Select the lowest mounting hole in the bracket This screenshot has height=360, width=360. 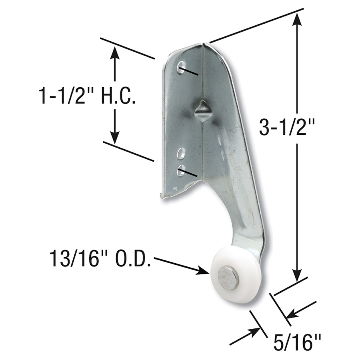click(181, 170)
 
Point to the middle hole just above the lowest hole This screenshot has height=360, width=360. click(181, 153)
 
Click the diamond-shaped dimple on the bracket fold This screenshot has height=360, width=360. click(202, 110)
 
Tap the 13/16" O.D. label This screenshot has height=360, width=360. click(100, 260)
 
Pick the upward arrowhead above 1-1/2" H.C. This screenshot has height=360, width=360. click(115, 52)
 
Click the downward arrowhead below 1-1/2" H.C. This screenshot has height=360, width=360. click(115, 138)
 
